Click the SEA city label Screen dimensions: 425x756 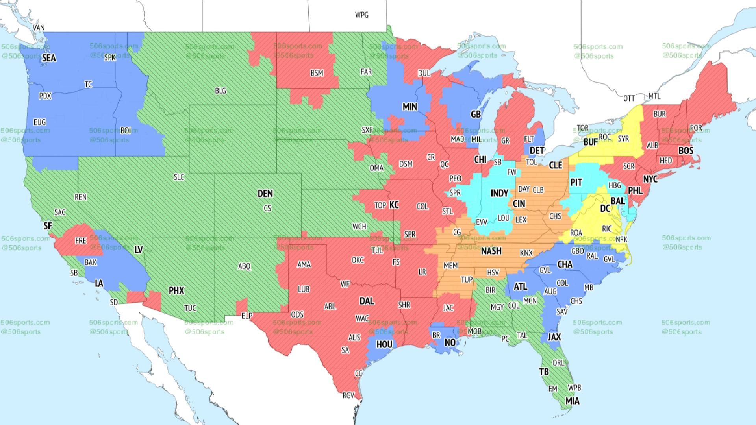[49, 58]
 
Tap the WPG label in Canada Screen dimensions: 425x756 [361, 15]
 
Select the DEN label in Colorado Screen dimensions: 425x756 [265, 194]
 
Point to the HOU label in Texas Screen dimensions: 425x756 [384, 345]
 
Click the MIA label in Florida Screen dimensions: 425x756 [572, 401]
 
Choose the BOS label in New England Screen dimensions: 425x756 [686, 151]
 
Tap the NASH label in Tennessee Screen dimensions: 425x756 [491, 251]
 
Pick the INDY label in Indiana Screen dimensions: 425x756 [499, 193]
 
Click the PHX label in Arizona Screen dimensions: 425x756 [176, 290]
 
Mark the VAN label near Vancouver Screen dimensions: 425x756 [39, 28]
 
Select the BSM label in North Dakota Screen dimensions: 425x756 [317, 73]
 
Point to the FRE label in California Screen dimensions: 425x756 [80, 240]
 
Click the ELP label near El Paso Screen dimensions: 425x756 [246, 316]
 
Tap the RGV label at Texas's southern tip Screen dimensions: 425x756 [348, 395]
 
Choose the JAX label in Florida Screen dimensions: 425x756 [554, 337]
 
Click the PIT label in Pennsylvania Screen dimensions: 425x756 [576, 183]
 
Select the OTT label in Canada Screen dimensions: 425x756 [629, 98]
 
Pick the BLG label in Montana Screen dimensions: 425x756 [220, 91]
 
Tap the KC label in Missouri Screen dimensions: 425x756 [394, 205]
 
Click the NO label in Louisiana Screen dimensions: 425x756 [450, 342]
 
